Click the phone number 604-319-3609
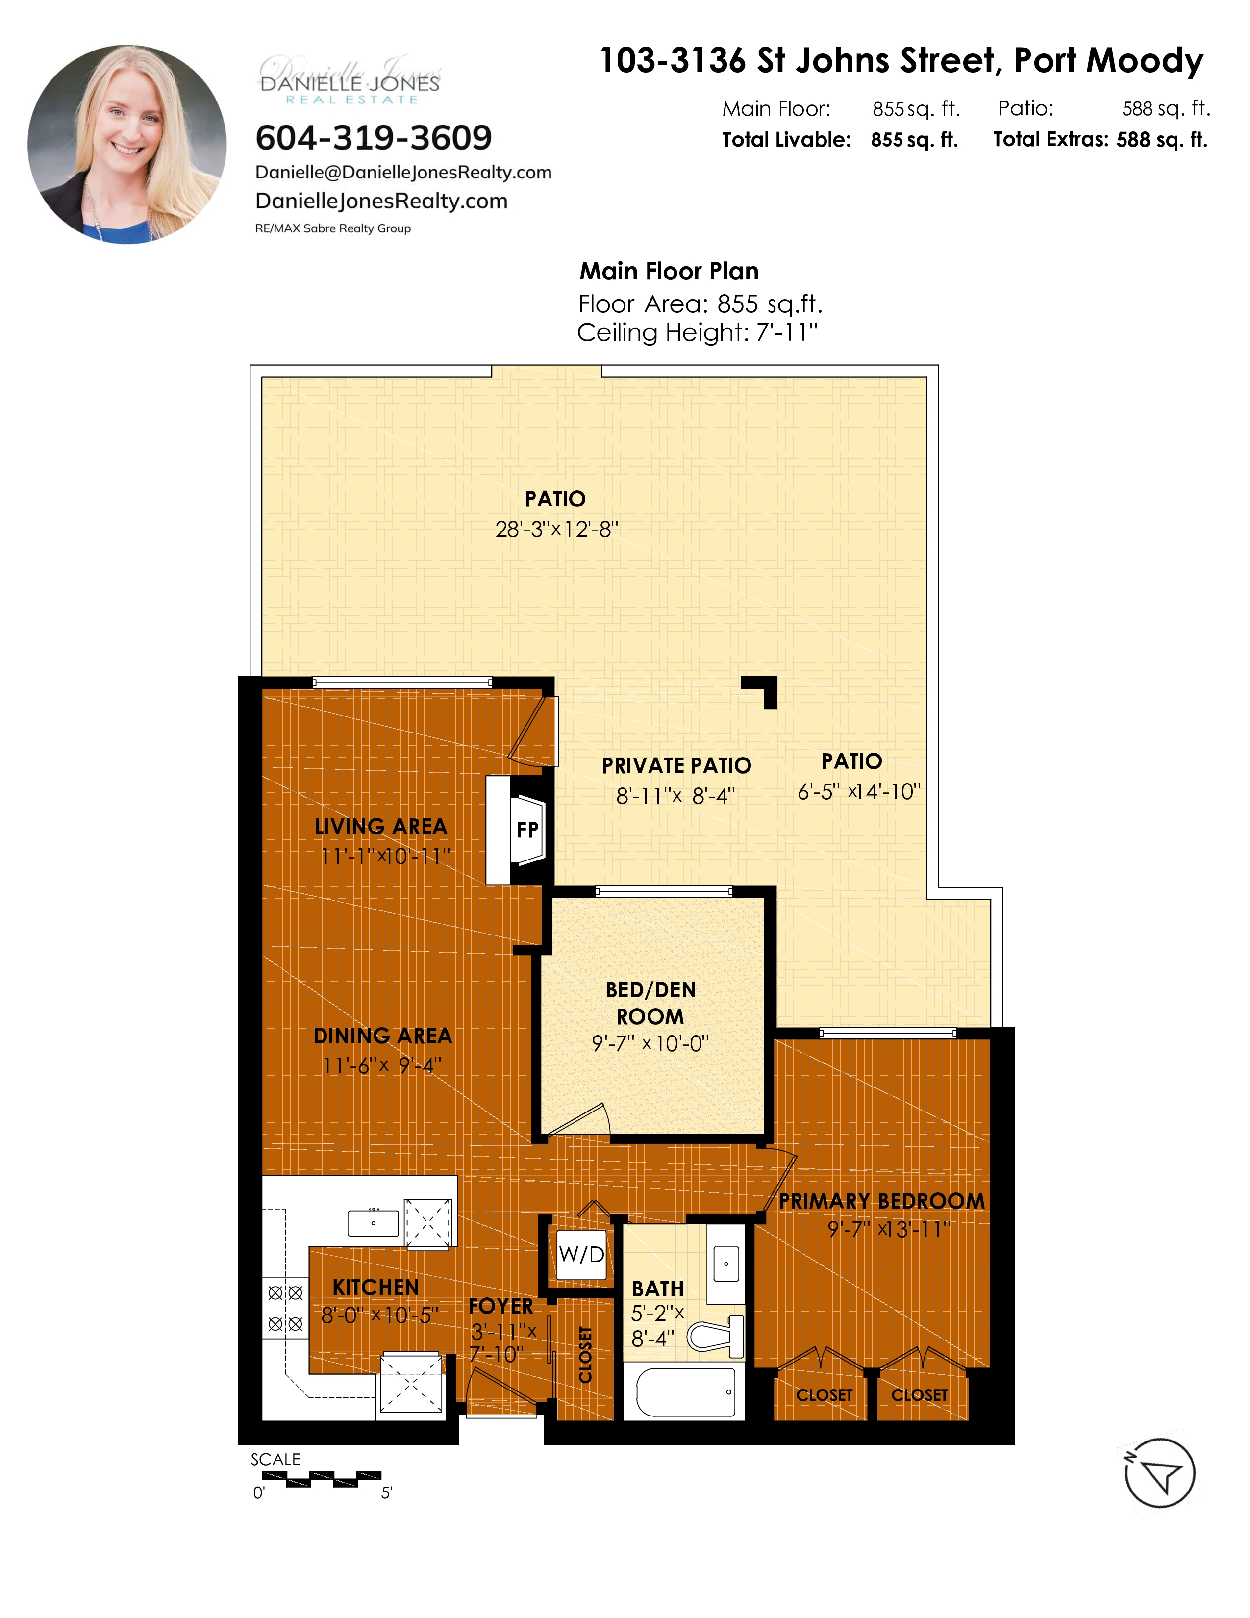click(x=373, y=138)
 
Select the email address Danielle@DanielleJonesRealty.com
click(x=403, y=173)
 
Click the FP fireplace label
click(x=527, y=830)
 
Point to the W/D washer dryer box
click(x=581, y=1254)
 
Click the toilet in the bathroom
click(x=715, y=1337)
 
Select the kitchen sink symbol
click(x=373, y=1223)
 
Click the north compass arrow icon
click(x=1160, y=1473)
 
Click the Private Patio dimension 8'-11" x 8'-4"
click(x=675, y=796)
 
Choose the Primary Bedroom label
click(x=882, y=1201)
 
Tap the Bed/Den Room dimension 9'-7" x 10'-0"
click(x=650, y=1044)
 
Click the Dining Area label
click(x=382, y=1036)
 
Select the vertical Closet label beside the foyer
click(x=585, y=1355)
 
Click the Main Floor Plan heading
click(x=669, y=271)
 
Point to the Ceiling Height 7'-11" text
click(x=698, y=332)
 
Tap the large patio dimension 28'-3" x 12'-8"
click(x=557, y=530)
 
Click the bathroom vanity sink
click(x=725, y=1264)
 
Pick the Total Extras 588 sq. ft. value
click(x=1162, y=140)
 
